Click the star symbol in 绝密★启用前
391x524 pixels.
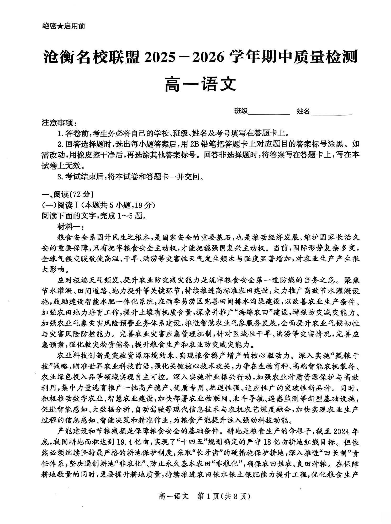(x=60, y=26)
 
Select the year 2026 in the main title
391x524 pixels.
(x=208, y=57)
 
